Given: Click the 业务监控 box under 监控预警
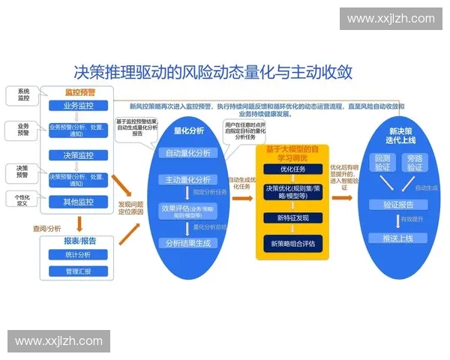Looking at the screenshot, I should pyautogui.click(x=78, y=106).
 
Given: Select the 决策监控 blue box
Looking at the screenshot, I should pyautogui.click(x=78, y=155).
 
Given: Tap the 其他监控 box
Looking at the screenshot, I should pyautogui.click(x=78, y=202).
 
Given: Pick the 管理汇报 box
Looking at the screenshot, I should pyautogui.click(x=78, y=271).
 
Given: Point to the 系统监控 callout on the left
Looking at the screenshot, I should pyautogui.click(x=23, y=95).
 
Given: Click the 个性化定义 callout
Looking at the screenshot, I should pyautogui.click(x=22, y=199).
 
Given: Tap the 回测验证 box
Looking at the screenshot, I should pyautogui.click(x=382, y=163).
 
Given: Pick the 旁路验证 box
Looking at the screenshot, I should pyautogui.click(x=415, y=163).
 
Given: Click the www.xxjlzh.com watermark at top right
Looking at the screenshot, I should pyautogui.click(x=391, y=19).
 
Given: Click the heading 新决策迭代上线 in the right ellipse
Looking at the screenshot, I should pyautogui.click(x=403, y=136).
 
